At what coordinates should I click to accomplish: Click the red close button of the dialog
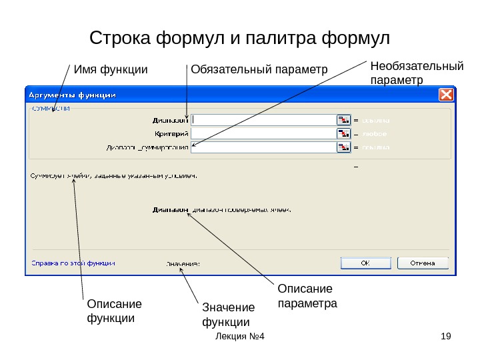pyautogui.click(x=446, y=95)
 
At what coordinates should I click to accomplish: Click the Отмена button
pyautogui.click(x=422, y=263)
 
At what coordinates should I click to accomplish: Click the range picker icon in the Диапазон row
pyautogui.click(x=343, y=120)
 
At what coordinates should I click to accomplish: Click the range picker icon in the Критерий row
pyautogui.click(x=343, y=133)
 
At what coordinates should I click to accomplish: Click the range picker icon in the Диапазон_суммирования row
pyautogui.click(x=343, y=147)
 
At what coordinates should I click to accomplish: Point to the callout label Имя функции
pyautogui.click(x=110, y=69)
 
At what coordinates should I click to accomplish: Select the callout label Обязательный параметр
pyautogui.click(x=259, y=69)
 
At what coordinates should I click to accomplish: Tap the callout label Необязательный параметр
pyautogui.click(x=416, y=73)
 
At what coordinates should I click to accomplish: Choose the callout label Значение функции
pyautogui.click(x=228, y=315)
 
